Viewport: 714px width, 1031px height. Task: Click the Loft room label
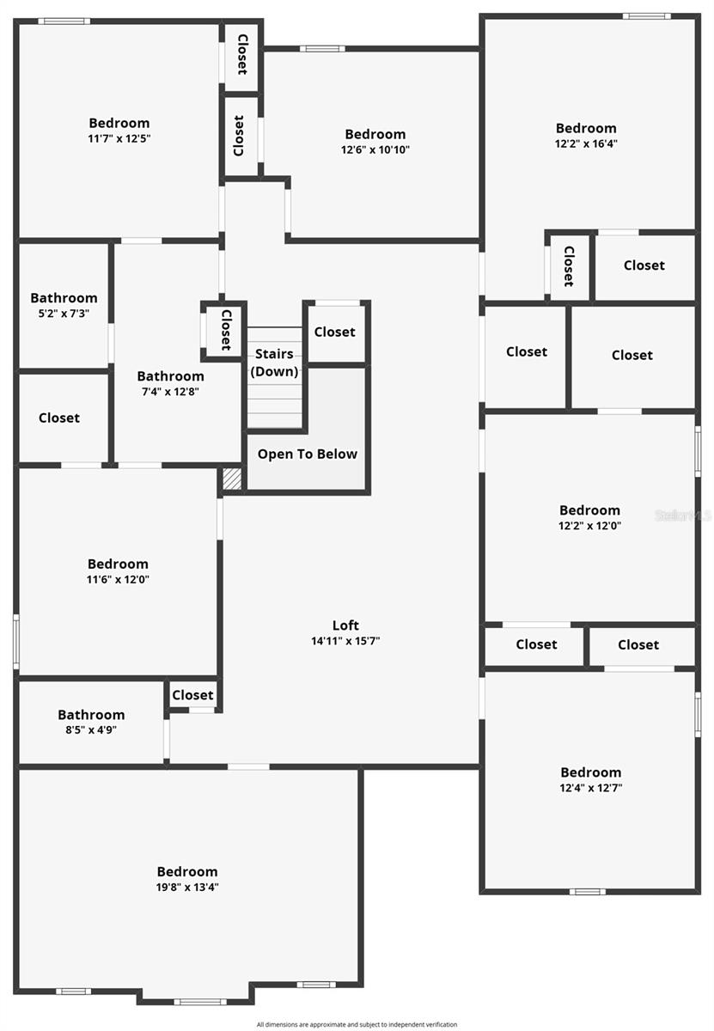[345, 625]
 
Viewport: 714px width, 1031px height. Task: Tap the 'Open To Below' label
[308, 454]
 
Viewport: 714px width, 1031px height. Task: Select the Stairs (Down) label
[274, 363]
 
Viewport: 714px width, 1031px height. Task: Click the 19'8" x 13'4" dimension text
[187, 888]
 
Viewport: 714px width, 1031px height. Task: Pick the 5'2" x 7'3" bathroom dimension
[64, 314]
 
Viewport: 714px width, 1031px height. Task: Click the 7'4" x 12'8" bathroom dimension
[170, 392]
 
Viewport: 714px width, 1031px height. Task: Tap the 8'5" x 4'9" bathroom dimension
[91, 729]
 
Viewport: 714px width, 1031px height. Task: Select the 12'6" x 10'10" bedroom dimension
[375, 149]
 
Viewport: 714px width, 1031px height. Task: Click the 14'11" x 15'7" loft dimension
[345, 641]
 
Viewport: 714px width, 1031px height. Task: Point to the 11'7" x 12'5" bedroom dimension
[119, 138]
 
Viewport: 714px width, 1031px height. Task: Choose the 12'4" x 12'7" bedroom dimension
[590, 787]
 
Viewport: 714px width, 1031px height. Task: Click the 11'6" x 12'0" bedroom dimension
[118, 579]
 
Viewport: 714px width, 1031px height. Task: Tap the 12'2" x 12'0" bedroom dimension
[589, 525]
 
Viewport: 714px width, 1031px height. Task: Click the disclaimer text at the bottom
[357, 1024]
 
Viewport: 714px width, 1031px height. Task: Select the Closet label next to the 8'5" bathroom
[192, 695]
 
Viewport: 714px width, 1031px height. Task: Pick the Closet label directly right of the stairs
[335, 332]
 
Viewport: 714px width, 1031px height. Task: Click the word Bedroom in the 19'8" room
[187, 871]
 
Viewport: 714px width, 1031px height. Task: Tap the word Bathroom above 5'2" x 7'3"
[64, 298]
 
